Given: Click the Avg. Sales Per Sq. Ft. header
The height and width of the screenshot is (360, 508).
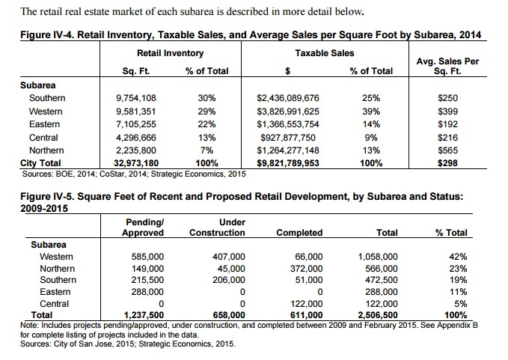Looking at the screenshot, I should (x=450, y=66).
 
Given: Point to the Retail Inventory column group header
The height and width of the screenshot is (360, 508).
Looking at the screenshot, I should (x=170, y=54).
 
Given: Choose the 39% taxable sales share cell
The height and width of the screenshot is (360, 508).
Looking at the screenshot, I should (x=370, y=112).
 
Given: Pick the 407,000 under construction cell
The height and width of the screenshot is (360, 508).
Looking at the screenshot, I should (x=224, y=256).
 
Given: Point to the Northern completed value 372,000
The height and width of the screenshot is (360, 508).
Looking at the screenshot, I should (x=305, y=269).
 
